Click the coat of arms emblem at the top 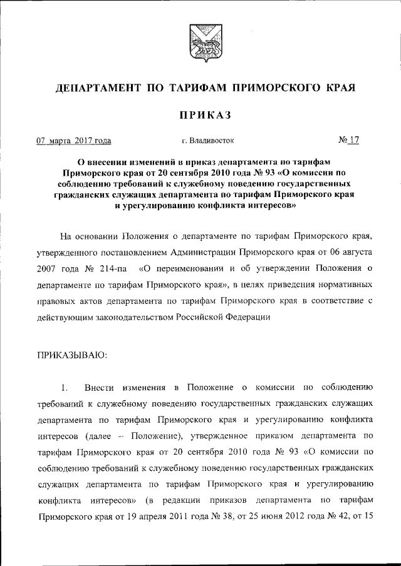click(x=200, y=41)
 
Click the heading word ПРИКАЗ click(x=200, y=114)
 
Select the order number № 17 click(x=349, y=141)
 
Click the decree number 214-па click(x=112, y=269)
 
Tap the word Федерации click(x=247, y=318)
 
